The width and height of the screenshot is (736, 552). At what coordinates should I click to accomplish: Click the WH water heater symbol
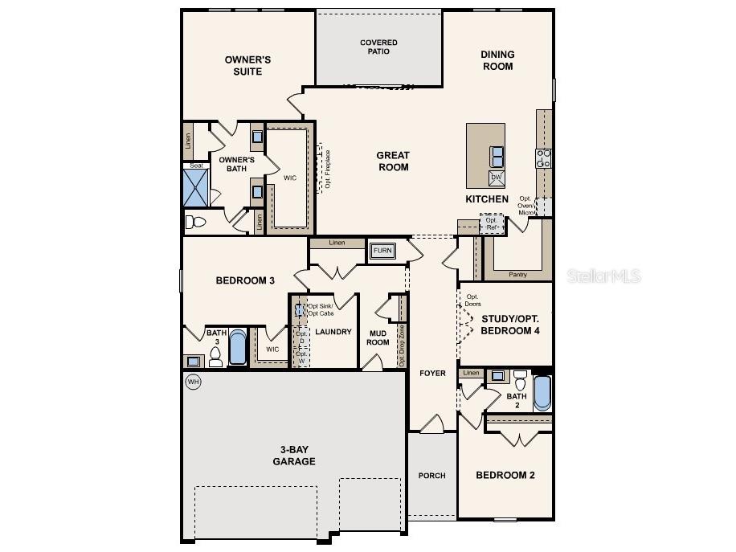pyautogui.click(x=193, y=382)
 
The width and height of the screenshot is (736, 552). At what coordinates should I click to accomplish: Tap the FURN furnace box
pyautogui.click(x=382, y=251)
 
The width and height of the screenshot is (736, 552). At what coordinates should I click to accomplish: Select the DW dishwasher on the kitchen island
pyautogui.click(x=497, y=177)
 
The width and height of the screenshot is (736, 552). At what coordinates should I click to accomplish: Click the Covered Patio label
pyautogui.click(x=378, y=47)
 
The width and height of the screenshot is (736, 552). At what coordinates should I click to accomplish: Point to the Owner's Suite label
pyautogui.click(x=247, y=65)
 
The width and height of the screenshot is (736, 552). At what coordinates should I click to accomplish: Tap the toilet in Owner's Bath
pyautogui.click(x=195, y=221)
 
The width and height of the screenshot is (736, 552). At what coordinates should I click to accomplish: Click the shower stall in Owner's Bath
pyautogui.click(x=195, y=186)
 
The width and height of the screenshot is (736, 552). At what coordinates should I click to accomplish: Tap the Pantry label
pyautogui.click(x=518, y=275)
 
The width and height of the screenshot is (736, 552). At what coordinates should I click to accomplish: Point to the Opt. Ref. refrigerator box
pyautogui.click(x=492, y=223)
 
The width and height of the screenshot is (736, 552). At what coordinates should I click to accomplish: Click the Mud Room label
pyautogui.click(x=378, y=337)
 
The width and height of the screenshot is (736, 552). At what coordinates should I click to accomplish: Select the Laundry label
pyautogui.click(x=333, y=331)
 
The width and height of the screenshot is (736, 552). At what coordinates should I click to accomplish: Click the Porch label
pyautogui.click(x=431, y=476)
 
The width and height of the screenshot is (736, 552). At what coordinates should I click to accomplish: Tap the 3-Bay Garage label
pyautogui.click(x=293, y=456)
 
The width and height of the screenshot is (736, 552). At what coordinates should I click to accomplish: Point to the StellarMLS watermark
pyautogui.click(x=604, y=276)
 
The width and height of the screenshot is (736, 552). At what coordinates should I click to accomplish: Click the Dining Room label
pyautogui.click(x=497, y=60)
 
